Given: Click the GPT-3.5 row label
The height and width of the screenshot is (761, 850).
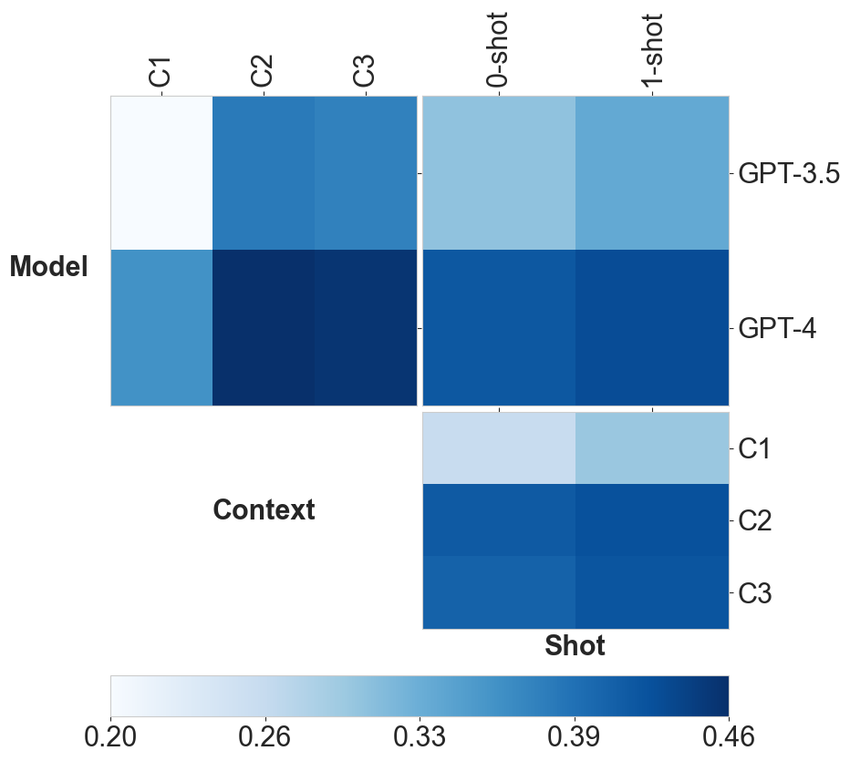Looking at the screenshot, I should pos(788,173).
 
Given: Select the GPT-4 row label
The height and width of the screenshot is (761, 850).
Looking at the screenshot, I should pos(777,328).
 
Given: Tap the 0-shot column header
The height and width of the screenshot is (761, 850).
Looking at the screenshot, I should pos(499,50).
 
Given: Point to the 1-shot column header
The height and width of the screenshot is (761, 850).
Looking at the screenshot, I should pos(653,50).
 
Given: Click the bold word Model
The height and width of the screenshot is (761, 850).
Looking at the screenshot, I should pos(49,267).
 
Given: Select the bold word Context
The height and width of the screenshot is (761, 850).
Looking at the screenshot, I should pos(264,510).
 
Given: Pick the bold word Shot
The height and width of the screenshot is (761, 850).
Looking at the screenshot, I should pos(575,645).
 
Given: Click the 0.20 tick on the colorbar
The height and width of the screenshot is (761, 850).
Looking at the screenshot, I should pos(110,737).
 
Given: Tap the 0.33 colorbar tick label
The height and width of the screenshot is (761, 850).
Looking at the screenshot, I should pos(420,737).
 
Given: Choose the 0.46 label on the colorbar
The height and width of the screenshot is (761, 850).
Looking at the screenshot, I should pos(728,737).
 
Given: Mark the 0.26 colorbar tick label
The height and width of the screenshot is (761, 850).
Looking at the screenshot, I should pos(264,737).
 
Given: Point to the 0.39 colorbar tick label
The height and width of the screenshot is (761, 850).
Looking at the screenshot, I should pos(574,737).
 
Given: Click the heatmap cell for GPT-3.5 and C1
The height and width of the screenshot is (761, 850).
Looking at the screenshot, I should pos(161,172).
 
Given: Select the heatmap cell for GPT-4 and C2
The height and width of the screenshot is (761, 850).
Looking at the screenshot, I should pos(264,327).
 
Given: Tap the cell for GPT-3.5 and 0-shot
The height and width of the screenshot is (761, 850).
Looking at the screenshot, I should pos(499,172).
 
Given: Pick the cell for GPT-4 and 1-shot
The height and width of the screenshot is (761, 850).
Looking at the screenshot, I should pos(652,327).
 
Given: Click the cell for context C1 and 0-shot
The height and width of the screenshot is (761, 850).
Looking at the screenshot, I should pos(499,447).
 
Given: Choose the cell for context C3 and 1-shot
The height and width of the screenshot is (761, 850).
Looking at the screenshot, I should pos(652,592).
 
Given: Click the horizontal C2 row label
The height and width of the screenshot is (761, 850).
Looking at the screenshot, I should pos(755,521).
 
